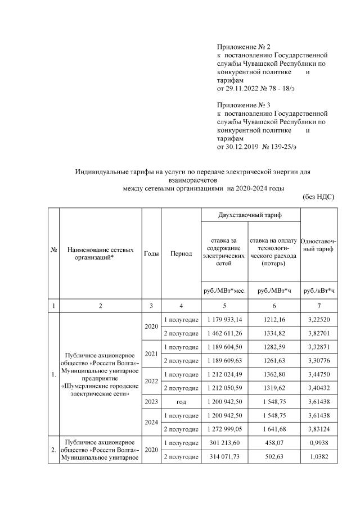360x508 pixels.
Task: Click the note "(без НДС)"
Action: click(x=318, y=197)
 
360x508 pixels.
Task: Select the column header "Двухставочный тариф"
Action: click(x=250, y=215)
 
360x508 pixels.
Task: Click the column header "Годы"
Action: click(x=151, y=253)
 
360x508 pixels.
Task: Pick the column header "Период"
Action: click(x=181, y=253)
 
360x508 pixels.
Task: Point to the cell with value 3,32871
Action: click(x=319, y=348)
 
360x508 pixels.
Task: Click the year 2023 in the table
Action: click(x=151, y=402)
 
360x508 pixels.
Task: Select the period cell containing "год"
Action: click(x=181, y=402)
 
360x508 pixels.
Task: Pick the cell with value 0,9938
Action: click(x=319, y=443)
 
